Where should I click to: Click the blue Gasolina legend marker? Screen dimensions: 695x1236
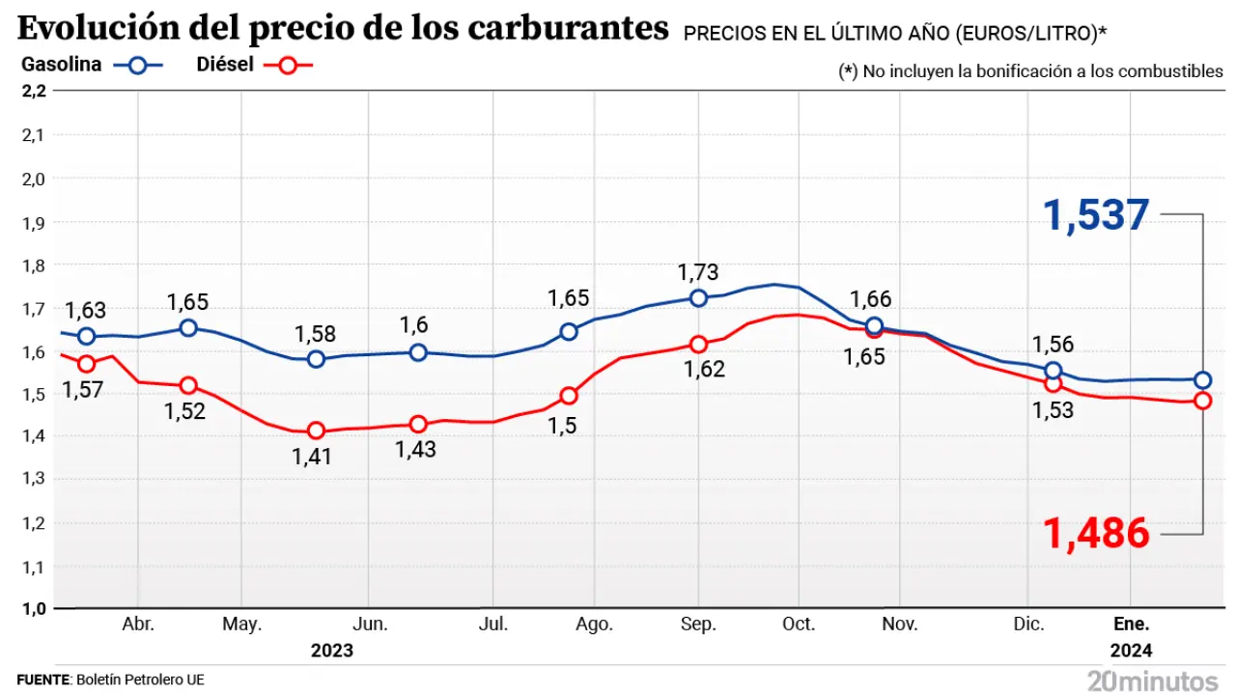point(138,66)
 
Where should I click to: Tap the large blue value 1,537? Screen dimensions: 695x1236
point(1097,215)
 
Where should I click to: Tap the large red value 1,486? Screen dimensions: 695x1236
point(1097,533)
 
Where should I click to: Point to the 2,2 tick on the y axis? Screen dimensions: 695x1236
point(33,92)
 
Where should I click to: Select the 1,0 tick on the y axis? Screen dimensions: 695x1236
point(33,609)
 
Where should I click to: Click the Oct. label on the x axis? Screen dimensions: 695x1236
point(799,625)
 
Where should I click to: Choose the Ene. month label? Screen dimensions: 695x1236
point(1134,625)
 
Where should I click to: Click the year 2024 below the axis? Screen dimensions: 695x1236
point(1132,650)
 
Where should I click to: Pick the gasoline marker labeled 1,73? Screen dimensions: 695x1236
point(698,297)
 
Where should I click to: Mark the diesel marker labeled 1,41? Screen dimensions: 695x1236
point(316,431)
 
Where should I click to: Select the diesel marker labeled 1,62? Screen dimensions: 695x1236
point(698,345)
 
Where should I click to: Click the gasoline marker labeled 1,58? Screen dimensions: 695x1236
point(316,359)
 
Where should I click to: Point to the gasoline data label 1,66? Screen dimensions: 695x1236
point(871,299)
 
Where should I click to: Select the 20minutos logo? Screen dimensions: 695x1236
point(1152,680)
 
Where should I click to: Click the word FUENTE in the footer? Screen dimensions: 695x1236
point(43,680)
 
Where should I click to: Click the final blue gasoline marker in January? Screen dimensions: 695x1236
point(1202,379)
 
